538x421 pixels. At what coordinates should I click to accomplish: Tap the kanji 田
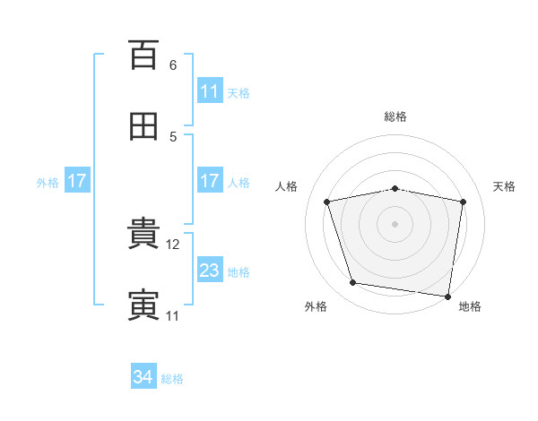pos(143,126)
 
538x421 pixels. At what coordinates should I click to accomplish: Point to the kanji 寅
pos(143,305)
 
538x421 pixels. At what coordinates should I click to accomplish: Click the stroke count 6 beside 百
pos(173,65)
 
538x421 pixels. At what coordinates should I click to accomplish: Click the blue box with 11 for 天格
pos(209,91)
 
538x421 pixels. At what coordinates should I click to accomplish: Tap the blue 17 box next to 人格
pos(209,181)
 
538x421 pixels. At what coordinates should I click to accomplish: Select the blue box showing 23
pos(209,271)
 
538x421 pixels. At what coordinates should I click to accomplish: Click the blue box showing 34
pos(143,378)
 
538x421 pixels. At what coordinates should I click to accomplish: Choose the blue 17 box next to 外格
pos(76,181)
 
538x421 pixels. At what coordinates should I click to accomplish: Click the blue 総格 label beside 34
pos(172,379)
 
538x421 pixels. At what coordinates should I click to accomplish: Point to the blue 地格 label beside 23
pos(239,271)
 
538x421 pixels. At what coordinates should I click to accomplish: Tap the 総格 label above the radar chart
pos(395,116)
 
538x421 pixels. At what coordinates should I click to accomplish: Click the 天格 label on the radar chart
pos(505,186)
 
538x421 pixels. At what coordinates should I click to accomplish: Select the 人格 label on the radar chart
pos(287,186)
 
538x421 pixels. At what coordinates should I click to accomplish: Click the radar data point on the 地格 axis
pos(447,295)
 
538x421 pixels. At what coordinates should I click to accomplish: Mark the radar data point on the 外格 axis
pos(353,283)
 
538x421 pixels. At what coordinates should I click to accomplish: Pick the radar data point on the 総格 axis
pos(395,189)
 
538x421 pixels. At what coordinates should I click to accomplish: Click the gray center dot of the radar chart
pos(395,224)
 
